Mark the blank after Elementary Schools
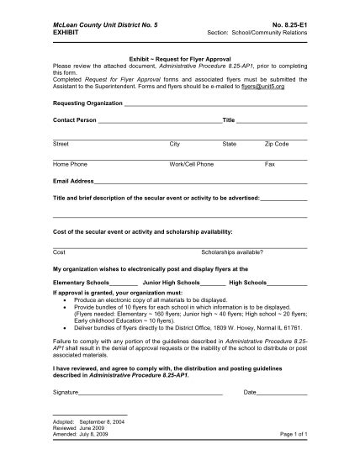[x=124, y=283]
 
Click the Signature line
[x=151, y=392]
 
